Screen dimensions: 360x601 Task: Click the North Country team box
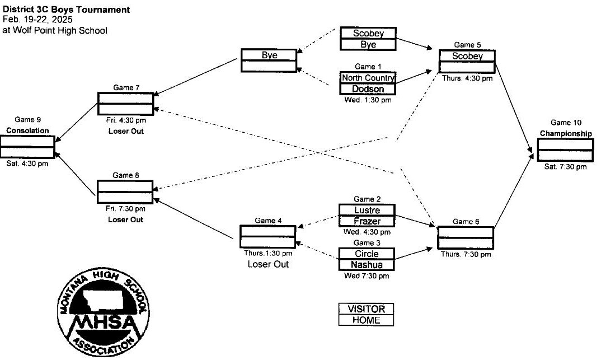pyautogui.click(x=368, y=78)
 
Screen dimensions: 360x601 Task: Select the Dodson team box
pyautogui.click(x=368, y=89)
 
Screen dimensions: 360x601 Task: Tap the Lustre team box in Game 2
pyautogui.click(x=367, y=211)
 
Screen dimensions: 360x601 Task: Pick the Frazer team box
pyautogui.click(x=367, y=221)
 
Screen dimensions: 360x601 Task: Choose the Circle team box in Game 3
pyautogui.click(x=367, y=254)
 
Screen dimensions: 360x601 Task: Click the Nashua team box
pyautogui.click(x=367, y=264)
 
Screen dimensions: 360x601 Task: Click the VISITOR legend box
pyautogui.click(x=367, y=309)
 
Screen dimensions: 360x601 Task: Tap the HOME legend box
pyautogui.click(x=367, y=320)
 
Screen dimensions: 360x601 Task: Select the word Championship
pyautogui.click(x=566, y=134)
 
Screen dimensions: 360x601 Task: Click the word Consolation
pyautogui.click(x=27, y=130)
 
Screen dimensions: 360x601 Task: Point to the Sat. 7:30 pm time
pyautogui.click(x=566, y=167)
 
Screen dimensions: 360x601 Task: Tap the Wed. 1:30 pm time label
pyautogui.click(x=368, y=100)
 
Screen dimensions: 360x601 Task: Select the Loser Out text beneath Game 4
pyautogui.click(x=268, y=264)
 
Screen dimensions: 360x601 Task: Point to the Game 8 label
pyautogui.click(x=126, y=175)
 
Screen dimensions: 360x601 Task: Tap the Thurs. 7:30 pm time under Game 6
pyautogui.click(x=466, y=254)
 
